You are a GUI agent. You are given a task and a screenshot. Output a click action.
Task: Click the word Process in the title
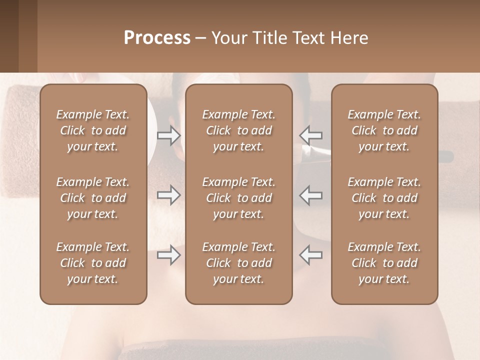(x=157, y=38)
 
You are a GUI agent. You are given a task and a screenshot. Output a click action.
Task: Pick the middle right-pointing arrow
(x=169, y=195)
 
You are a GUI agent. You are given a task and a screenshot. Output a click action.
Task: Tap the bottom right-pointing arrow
(x=169, y=255)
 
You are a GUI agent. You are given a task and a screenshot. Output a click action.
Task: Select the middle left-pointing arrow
(x=310, y=195)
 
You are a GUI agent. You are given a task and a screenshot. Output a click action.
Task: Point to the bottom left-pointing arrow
(x=310, y=255)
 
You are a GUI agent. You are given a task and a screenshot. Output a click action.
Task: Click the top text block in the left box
(x=93, y=130)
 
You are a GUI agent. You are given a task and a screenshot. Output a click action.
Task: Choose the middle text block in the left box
(x=93, y=198)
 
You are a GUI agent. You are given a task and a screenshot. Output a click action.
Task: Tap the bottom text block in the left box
(x=93, y=263)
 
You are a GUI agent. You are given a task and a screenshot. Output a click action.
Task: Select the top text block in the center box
(x=239, y=130)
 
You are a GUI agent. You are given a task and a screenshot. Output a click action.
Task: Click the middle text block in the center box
(x=239, y=198)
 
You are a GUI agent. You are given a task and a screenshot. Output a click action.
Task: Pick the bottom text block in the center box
(x=239, y=263)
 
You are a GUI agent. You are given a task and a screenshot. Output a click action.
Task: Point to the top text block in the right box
(x=384, y=130)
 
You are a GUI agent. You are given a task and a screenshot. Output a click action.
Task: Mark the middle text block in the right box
(x=384, y=198)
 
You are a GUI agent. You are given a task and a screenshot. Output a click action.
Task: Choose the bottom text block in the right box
(x=384, y=263)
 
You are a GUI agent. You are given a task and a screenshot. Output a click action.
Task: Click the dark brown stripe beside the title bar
(x=9, y=36)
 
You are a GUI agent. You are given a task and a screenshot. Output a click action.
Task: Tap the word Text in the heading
(x=308, y=38)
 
